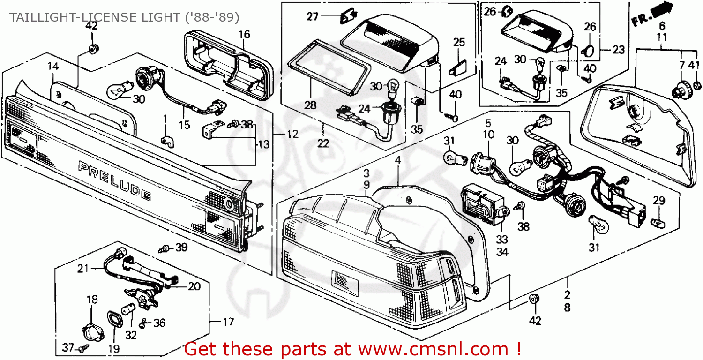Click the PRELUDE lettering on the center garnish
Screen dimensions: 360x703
(115, 180)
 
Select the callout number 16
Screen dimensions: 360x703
(244, 34)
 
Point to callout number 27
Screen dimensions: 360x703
(313, 17)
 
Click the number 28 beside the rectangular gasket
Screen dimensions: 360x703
(310, 105)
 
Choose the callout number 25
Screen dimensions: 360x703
(459, 42)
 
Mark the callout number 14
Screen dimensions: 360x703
(53, 67)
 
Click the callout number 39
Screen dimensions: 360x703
(181, 247)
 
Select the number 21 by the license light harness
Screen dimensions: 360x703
(83, 269)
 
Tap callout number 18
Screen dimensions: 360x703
(92, 300)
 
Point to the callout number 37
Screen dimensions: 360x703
(68, 347)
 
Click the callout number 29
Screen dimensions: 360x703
(659, 201)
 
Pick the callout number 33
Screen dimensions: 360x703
(502, 240)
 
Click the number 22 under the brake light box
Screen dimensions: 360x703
(323, 143)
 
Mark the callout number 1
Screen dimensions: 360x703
(165, 117)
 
